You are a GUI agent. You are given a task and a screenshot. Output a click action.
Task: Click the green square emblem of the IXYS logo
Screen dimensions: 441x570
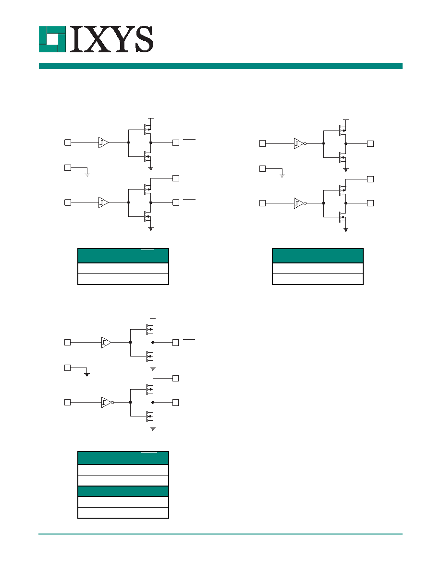[52, 39]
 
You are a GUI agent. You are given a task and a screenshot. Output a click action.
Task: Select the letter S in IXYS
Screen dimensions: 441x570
[143, 39]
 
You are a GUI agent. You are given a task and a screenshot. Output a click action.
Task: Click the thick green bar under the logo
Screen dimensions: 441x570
[220, 66]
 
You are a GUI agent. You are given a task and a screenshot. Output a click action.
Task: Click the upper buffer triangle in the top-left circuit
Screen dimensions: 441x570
[103, 142]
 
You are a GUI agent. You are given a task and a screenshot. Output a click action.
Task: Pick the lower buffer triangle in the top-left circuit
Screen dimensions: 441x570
[103, 202]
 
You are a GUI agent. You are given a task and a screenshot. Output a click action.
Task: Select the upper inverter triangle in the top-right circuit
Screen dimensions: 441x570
[299, 143]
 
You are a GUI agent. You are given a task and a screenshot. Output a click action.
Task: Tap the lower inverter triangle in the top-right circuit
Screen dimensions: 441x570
[299, 203]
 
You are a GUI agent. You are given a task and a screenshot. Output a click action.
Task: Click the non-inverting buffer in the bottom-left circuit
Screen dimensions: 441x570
[106, 343]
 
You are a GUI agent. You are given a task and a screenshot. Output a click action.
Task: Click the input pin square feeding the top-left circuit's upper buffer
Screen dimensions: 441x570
[68, 142]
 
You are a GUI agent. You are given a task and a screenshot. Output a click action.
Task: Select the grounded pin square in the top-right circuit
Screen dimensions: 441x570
[262, 168]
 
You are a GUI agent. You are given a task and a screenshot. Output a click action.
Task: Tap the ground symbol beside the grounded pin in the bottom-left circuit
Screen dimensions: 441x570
[87, 374]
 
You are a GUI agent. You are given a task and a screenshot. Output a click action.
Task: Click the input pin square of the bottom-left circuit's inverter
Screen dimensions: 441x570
[67, 402]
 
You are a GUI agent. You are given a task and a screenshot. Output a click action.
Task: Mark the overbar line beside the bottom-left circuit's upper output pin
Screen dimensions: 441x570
[189, 339]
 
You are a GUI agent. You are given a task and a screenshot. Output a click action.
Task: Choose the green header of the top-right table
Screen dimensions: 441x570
[318, 256]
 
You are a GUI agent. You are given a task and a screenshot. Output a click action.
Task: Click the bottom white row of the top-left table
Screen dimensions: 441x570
[123, 279]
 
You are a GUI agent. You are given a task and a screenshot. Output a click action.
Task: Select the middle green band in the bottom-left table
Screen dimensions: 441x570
[123, 491]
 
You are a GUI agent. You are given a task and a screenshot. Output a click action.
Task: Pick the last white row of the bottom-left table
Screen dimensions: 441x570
[123, 512]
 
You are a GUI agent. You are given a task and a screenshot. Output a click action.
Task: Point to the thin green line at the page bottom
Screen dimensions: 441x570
[220, 534]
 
